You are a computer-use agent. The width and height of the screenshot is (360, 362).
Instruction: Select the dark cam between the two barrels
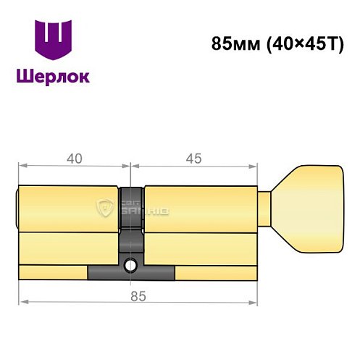[x=131, y=217]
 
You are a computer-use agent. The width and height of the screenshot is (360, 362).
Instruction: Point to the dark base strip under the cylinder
[x=131, y=274]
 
